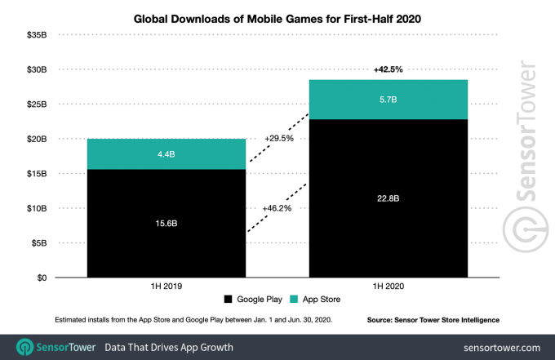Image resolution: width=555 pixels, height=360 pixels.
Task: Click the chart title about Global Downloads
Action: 277,18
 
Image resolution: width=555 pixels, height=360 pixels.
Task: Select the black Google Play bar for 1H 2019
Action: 166,237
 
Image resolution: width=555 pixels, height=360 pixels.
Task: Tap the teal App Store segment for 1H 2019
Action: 166,153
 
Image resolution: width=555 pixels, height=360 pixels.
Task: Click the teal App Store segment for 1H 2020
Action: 388,100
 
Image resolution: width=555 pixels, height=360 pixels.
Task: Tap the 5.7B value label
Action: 388,99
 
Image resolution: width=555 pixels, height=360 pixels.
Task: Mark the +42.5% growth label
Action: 388,70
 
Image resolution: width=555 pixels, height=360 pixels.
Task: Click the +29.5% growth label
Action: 277,140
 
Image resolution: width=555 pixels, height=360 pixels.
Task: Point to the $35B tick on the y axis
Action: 36,35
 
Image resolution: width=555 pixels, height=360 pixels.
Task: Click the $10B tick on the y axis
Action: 36,208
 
